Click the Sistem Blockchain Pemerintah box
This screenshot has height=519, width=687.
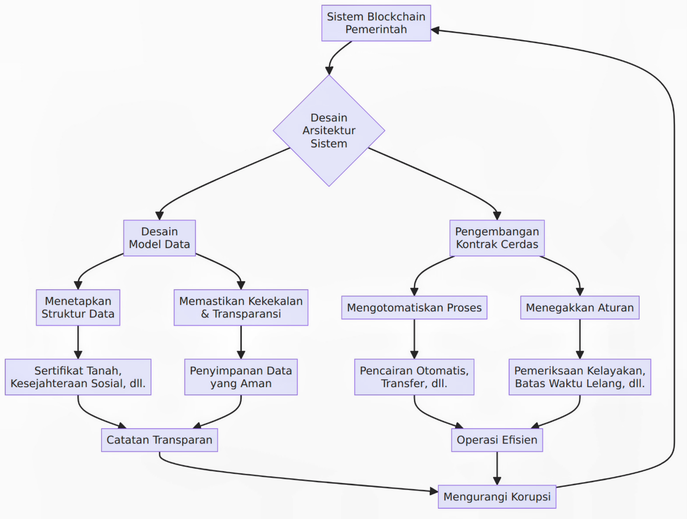376,23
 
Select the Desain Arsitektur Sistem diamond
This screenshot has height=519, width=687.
329,130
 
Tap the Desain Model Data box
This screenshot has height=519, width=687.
159,238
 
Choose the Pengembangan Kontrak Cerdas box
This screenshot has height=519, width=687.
497,238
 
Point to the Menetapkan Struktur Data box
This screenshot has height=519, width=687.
78,307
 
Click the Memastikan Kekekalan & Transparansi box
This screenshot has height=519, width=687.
241,307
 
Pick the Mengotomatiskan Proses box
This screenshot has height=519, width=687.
414,308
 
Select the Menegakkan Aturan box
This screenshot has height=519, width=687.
580,308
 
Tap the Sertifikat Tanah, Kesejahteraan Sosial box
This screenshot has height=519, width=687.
78,377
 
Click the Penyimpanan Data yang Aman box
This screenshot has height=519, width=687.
241,377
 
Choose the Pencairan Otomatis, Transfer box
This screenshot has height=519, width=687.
414,377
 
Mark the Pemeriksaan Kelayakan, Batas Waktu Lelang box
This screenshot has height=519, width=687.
580,377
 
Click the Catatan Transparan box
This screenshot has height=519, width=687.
159,440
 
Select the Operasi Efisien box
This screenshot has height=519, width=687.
497,440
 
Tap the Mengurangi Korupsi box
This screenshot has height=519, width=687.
497,497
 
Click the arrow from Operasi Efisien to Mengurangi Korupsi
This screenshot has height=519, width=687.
497,469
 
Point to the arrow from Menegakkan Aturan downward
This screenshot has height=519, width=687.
580,339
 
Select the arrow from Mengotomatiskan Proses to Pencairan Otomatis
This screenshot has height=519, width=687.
414,339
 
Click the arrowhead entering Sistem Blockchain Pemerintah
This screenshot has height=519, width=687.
435,30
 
